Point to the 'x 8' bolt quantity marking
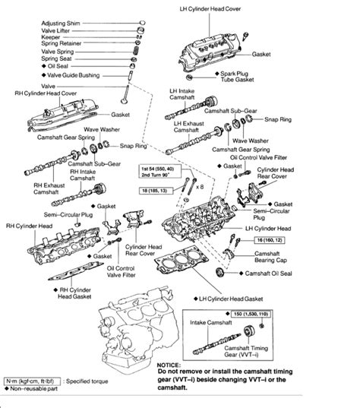click(199, 185)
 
